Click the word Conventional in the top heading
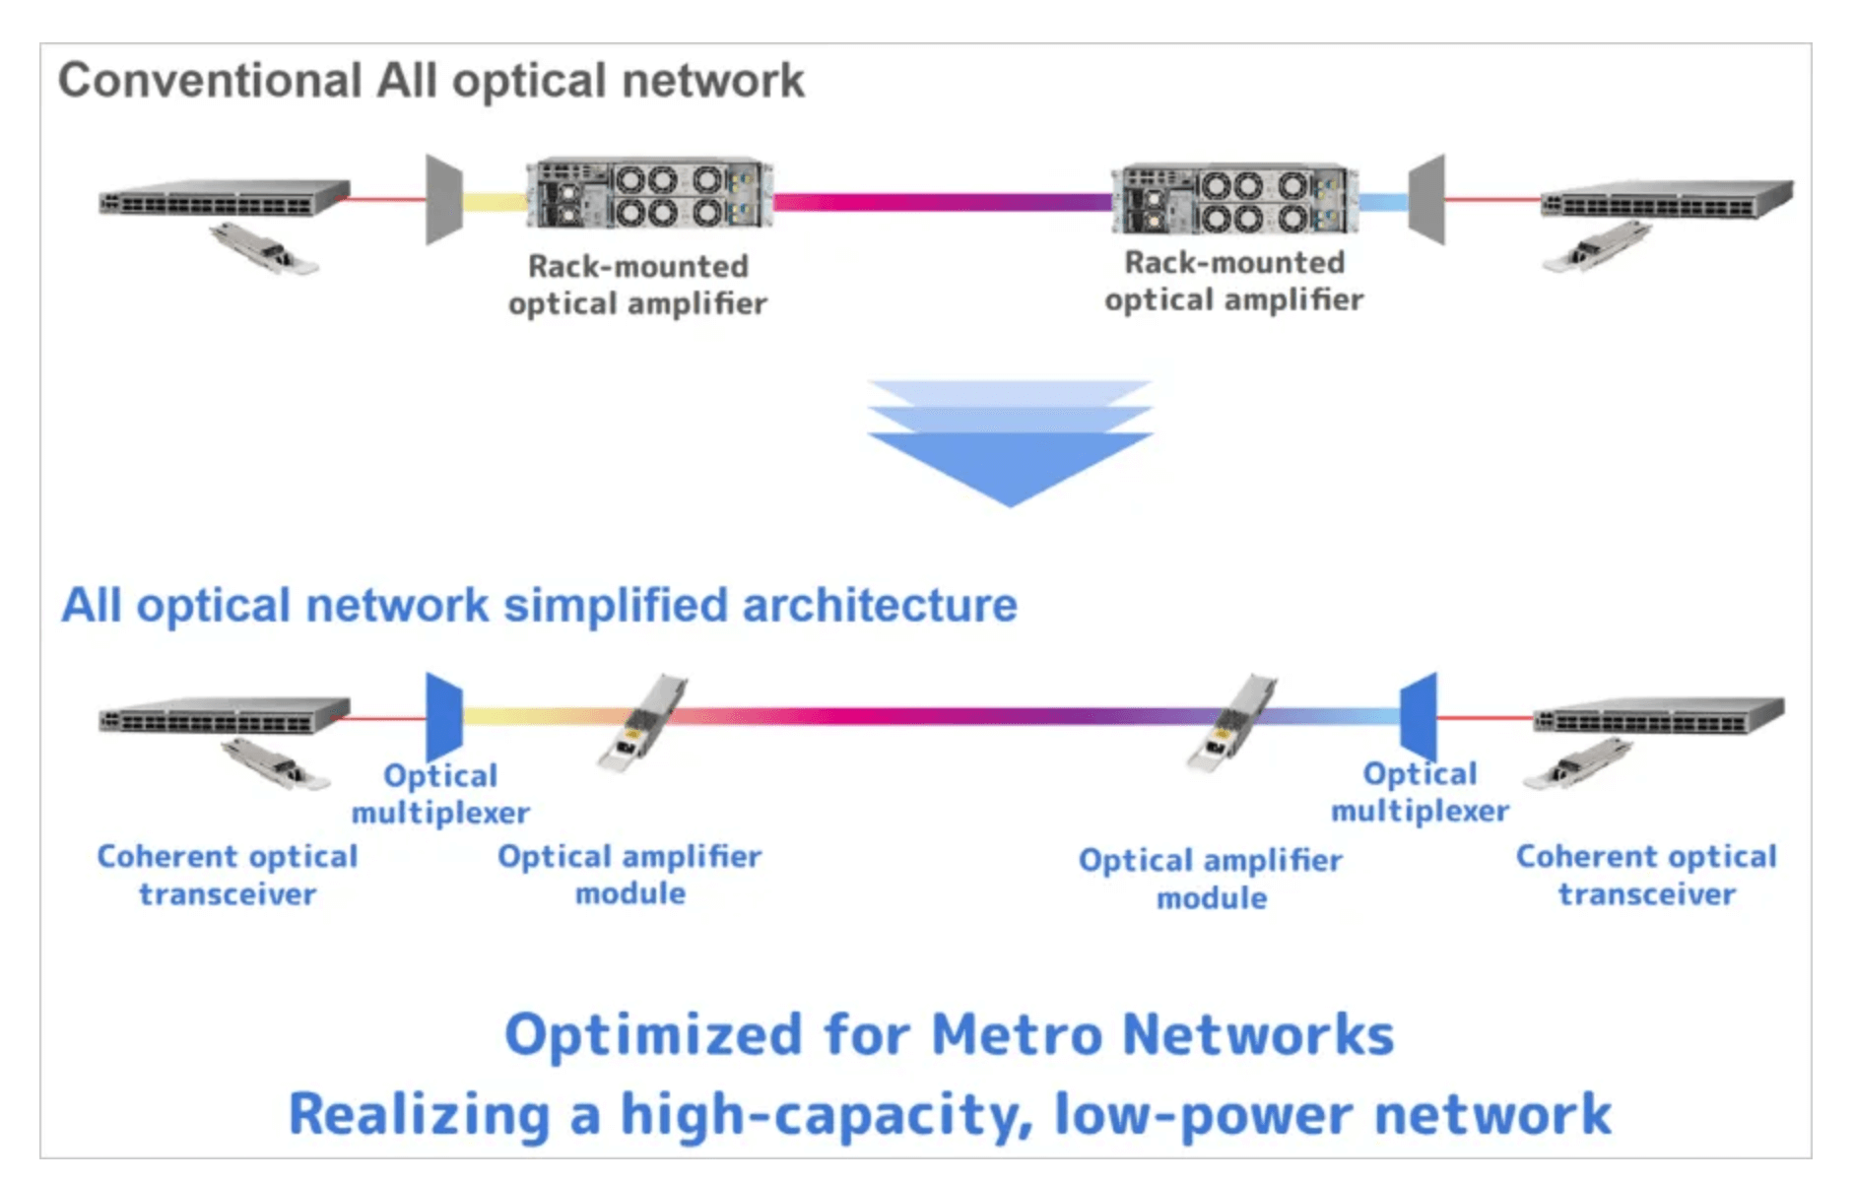(x=209, y=81)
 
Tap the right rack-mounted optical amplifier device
(x=1233, y=198)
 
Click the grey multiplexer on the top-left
(x=443, y=199)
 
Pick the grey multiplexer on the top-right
(x=1426, y=199)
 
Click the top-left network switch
(x=225, y=197)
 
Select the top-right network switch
(x=1667, y=199)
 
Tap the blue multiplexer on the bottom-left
(x=444, y=716)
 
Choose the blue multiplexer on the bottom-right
(x=1419, y=716)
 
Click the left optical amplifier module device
(x=641, y=722)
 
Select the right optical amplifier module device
(x=1231, y=722)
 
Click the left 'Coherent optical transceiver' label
(x=228, y=875)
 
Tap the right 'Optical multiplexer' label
(x=1420, y=792)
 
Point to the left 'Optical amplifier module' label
(x=629, y=875)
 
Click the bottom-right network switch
(x=1659, y=716)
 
